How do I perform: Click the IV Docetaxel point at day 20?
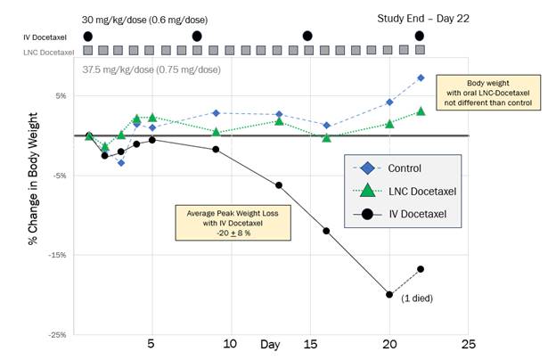389,294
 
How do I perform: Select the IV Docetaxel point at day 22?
421,269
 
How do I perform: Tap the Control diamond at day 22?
421,78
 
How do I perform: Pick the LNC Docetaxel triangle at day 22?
421,111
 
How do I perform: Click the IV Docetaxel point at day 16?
326,231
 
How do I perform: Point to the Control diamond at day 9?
216,113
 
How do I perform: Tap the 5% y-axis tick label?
61,96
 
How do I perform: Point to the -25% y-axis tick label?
56,335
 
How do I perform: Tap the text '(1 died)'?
416,298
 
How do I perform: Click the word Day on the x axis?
270,344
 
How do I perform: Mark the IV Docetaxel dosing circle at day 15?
307,37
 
